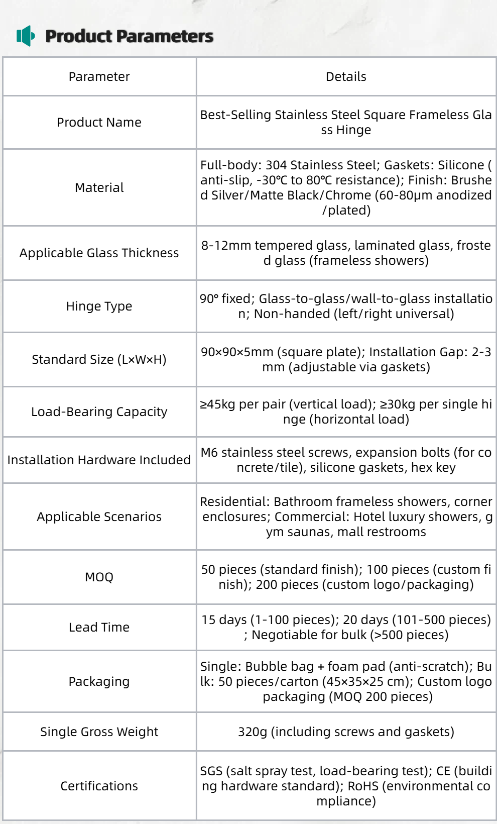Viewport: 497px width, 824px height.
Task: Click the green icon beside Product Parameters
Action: [x=26, y=36]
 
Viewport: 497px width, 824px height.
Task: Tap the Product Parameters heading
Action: [x=129, y=36]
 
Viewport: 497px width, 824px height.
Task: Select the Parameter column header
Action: [x=99, y=77]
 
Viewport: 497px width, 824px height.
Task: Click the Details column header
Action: [x=346, y=77]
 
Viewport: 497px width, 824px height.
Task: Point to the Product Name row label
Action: [x=99, y=123]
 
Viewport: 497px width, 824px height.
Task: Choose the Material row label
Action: [x=99, y=188]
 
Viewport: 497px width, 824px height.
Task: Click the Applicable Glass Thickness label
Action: [x=99, y=253]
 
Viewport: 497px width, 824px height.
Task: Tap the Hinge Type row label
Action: [x=99, y=306]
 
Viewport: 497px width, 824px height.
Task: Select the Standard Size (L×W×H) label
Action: [x=99, y=360]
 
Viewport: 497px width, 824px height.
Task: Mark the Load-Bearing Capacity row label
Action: [x=99, y=412]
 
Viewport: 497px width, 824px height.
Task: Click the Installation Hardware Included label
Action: [x=99, y=460]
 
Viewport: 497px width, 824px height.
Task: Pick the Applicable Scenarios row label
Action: [x=99, y=517]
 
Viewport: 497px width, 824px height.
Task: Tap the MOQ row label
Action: [x=99, y=577]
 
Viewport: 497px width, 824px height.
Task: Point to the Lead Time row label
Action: [x=99, y=628]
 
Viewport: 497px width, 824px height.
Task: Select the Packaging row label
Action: [x=99, y=682]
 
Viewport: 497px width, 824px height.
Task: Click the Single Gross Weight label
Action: [x=99, y=732]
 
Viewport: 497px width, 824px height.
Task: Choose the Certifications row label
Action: [x=99, y=786]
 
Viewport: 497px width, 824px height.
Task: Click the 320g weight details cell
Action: [x=346, y=732]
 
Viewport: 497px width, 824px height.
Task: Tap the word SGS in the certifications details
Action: [x=211, y=771]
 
